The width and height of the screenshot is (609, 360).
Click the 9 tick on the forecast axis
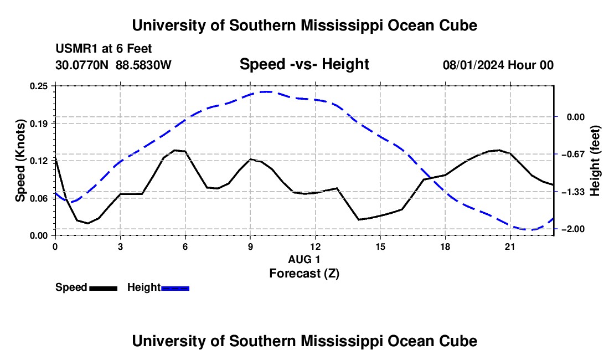tap(250, 246)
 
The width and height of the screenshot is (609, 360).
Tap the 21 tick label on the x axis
tap(509, 246)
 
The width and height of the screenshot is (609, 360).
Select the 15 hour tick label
tap(380, 246)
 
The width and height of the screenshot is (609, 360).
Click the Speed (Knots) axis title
tap(20, 161)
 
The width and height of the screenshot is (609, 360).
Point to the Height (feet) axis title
tap(595, 161)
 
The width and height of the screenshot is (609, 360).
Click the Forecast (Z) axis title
tap(304, 274)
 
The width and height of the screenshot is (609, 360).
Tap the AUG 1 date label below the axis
tap(304, 259)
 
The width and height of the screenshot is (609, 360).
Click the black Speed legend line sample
tap(104, 288)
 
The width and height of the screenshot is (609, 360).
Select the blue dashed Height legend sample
tap(175, 288)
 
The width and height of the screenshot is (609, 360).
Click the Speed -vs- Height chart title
tap(304, 64)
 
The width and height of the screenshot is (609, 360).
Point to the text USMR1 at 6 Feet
tap(104, 49)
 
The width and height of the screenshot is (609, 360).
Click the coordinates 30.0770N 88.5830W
tap(113, 65)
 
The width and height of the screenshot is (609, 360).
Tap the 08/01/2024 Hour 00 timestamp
tap(498, 65)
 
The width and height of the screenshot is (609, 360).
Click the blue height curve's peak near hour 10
tap(266, 91)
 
